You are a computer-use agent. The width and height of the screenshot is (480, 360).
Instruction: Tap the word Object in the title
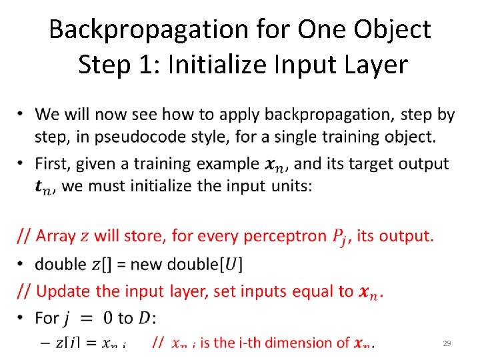pyautogui.click(x=393, y=29)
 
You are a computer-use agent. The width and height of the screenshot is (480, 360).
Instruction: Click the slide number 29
pyautogui.click(x=447, y=343)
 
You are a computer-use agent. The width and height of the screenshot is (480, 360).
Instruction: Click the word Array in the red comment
pyautogui.click(x=57, y=235)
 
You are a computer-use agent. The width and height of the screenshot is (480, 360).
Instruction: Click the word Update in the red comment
pyautogui.click(x=64, y=291)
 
